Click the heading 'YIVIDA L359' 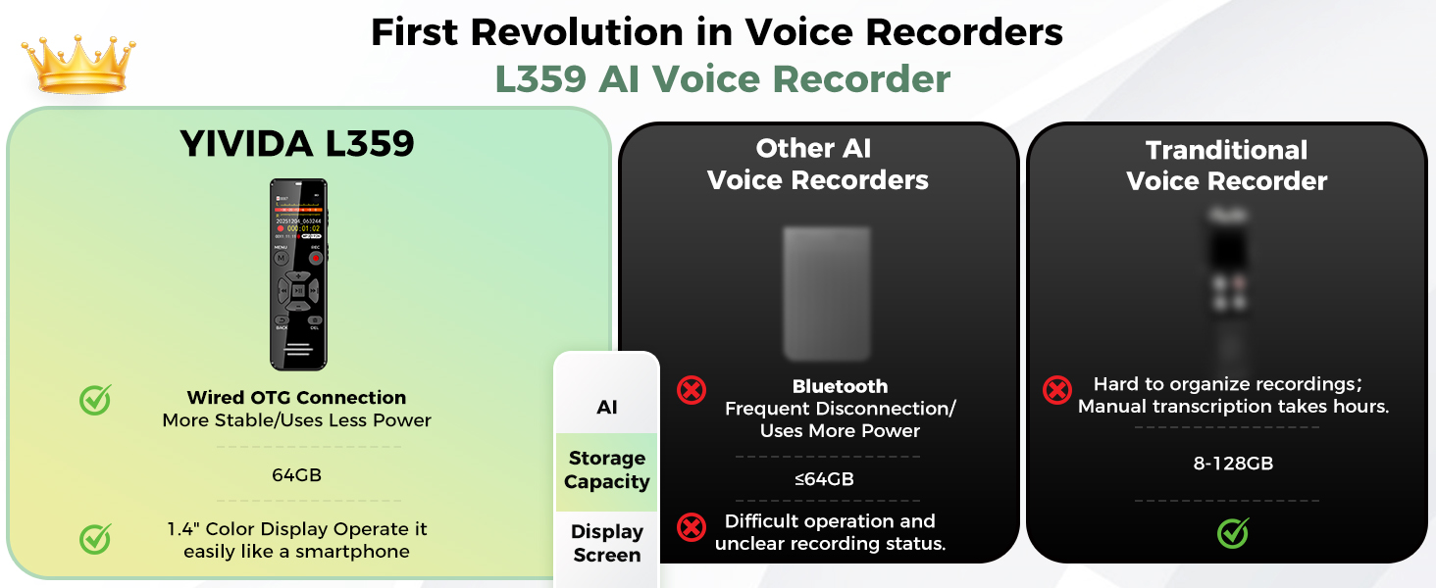click(297, 144)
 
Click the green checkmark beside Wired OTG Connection click(95, 399)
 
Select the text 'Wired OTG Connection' click(296, 397)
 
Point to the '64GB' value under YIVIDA click(296, 475)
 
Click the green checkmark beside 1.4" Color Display click(95, 538)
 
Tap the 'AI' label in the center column click(606, 407)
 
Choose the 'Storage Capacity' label click(606, 470)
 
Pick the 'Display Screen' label click(606, 543)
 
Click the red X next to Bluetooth click(692, 390)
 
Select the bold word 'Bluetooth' click(840, 386)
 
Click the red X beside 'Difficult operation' click(692, 527)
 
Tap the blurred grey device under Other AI click(826, 292)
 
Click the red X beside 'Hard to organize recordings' click(1056, 390)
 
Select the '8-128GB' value click(1233, 464)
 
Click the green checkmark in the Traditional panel click(1233, 533)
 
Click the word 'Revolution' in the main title click(601, 32)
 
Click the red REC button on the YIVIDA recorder click(316, 260)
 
